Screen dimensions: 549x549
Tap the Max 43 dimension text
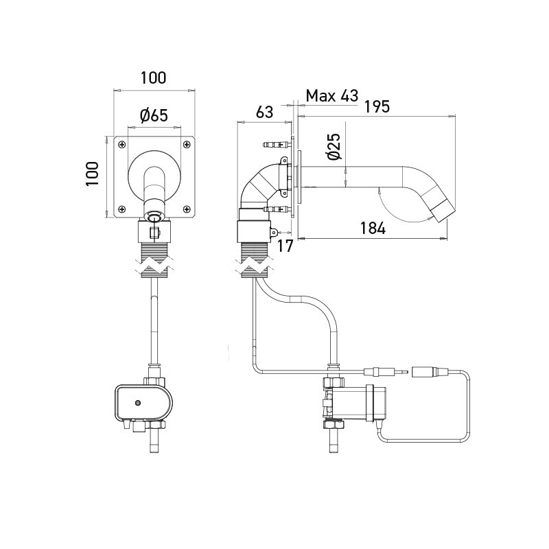(x=332, y=95)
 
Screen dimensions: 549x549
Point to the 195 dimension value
(x=377, y=106)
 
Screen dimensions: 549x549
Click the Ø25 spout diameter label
(x=333, y=148)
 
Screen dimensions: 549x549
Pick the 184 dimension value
(x=371, y=229)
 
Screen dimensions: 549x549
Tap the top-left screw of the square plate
(x=121, y=144)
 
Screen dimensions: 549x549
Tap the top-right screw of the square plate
(x=186, y=144)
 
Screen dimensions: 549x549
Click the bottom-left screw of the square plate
(x=121, y=209)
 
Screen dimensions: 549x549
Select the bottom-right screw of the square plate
(x=186, y=209)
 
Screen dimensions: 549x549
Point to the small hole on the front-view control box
(x=138, y=402)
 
